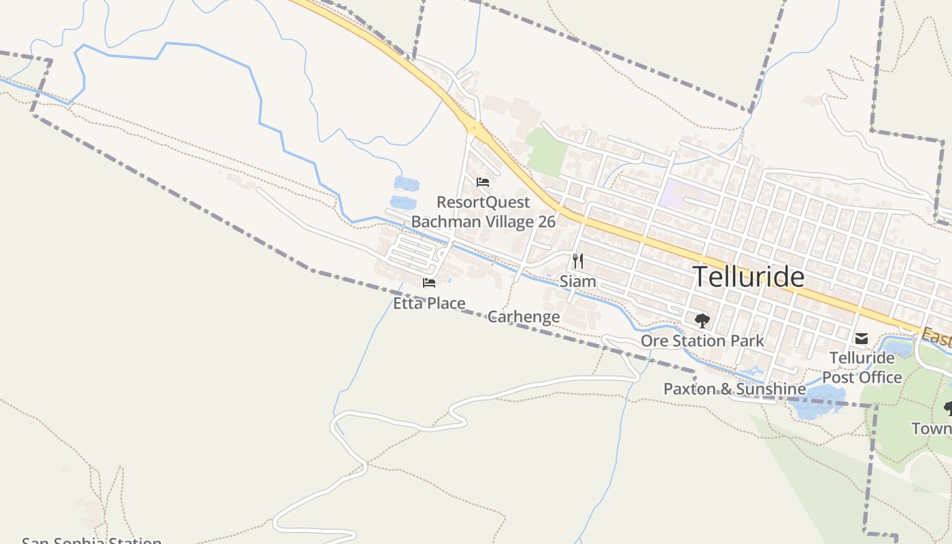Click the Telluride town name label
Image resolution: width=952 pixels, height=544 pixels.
[748, 277]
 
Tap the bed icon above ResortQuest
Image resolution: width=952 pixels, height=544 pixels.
[483, 182]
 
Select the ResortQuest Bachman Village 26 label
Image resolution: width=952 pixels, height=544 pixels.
[483, 212]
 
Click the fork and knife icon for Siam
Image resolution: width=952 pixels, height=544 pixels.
[578, 260]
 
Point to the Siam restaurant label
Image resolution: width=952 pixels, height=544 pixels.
[578, 281]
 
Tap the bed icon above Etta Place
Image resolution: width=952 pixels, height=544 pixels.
[429, 283]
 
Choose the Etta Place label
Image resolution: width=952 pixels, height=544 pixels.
[429, 303]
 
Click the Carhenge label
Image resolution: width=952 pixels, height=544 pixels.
[524, 316]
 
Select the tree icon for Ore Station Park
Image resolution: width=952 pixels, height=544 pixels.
[702, 320]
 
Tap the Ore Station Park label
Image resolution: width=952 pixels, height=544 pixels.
[702, 341]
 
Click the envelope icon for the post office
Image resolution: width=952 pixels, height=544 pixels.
[862, 338]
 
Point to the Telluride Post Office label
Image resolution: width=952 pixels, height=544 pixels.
[862, 367]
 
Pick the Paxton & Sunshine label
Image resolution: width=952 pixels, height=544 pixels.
[734, 389]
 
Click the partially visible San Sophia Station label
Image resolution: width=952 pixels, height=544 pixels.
[92, 541]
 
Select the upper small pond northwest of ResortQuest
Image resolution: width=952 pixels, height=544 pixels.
[406, 184]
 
